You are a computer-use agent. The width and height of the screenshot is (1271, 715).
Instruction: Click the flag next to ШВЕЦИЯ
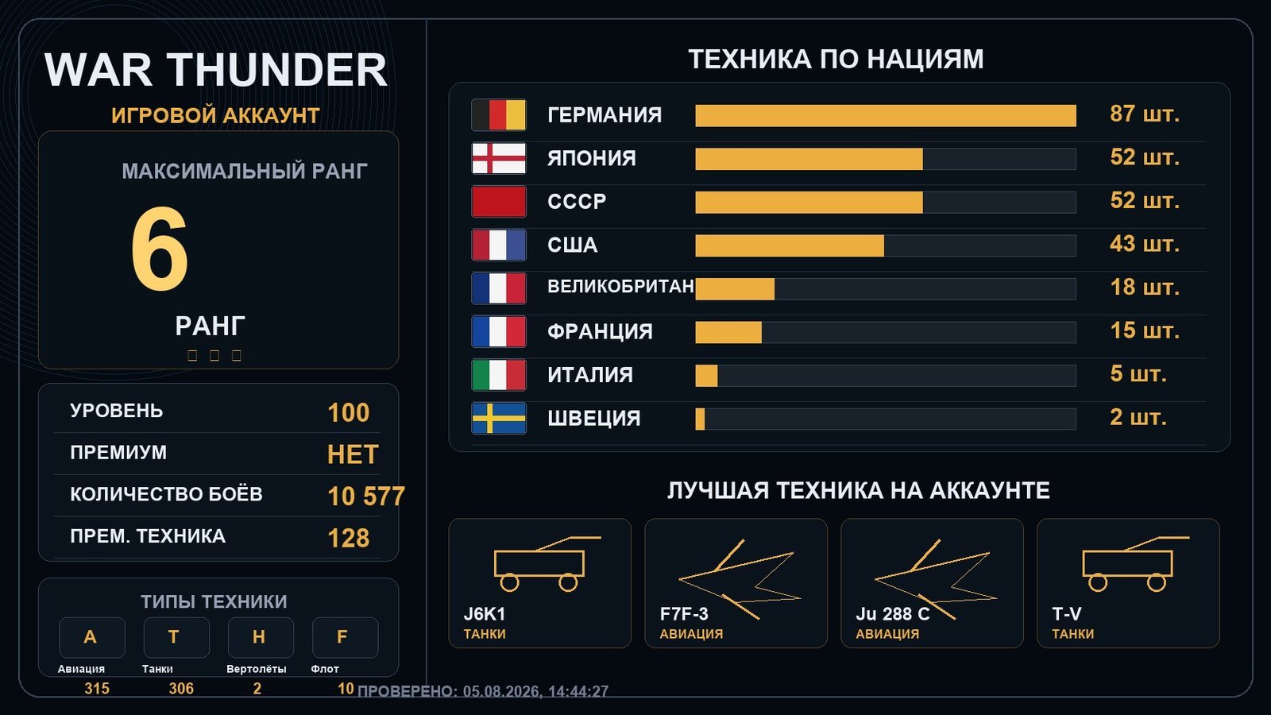499,418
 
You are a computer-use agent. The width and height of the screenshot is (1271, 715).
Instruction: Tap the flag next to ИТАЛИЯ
499,375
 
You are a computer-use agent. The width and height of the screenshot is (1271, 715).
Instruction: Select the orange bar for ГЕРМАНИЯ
886,116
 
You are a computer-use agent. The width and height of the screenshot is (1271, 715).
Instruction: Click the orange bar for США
790,245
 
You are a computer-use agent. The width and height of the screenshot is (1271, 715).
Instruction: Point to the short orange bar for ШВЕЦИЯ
700,419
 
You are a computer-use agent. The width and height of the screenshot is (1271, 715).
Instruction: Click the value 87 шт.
1145,114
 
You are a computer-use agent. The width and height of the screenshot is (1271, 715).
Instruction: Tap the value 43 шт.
1145,244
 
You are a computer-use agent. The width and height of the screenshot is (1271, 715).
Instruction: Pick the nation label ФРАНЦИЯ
600,331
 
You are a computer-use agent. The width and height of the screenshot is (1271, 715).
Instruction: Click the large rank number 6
160,249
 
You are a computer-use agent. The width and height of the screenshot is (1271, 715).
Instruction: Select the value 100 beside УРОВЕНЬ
349,412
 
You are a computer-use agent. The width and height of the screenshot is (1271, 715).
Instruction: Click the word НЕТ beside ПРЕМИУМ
353,454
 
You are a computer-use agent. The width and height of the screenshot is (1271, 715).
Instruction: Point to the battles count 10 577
366,496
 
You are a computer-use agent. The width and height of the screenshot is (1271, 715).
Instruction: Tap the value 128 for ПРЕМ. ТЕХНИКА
349,538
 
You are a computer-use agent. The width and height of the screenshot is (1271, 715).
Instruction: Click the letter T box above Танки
176,637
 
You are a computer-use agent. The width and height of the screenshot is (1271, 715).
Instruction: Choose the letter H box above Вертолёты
261,637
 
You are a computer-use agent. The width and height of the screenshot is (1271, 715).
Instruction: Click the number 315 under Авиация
97,688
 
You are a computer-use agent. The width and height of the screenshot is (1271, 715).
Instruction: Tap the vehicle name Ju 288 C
893,614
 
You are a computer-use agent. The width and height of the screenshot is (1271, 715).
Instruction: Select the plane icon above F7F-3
740,579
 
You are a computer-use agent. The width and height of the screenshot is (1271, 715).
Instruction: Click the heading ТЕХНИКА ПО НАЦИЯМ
836,60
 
